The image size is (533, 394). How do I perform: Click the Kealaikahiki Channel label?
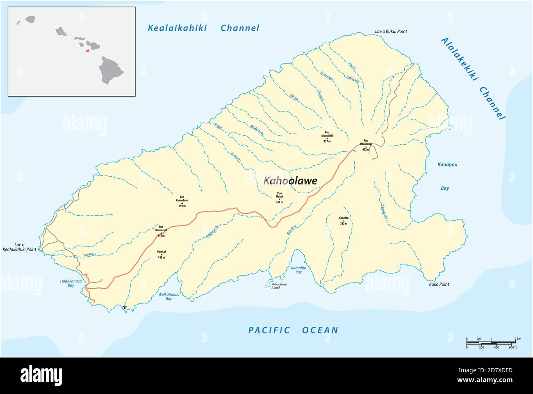[203, 28]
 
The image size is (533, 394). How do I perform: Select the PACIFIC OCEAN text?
[293, 330]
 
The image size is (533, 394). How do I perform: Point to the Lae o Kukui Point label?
[391, 32]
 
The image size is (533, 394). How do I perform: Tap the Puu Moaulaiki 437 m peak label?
[327, 136]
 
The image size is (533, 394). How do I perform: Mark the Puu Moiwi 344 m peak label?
[279, 198]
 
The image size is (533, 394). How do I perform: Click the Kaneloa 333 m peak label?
[344, 221]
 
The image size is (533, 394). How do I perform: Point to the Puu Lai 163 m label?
[161, 255]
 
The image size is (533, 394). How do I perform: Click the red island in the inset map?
[88, 51]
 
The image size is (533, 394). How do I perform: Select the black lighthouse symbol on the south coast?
[125, 307]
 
